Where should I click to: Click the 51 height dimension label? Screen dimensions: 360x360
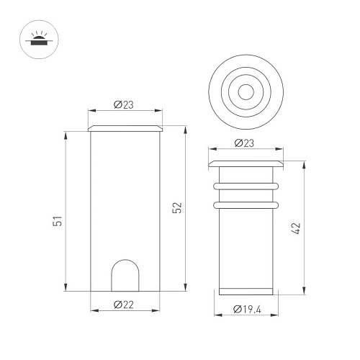tap(58, 221)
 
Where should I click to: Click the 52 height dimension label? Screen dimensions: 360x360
tap(177, 208)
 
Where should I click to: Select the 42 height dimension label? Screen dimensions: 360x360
tap(296, 228)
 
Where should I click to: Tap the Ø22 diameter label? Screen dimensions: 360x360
tap(124, 305)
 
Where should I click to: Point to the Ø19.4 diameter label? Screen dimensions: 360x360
tap(247, 309)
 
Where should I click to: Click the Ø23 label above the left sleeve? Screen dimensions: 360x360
tap(124, 104)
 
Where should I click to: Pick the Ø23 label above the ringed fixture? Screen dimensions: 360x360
tap(244, 143)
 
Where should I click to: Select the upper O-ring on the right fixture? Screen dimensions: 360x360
tap(246, 186)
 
